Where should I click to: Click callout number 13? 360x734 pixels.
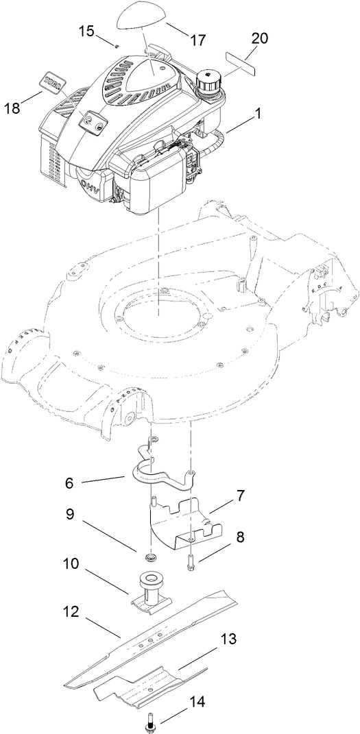click(229, 639)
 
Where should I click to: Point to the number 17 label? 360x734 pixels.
click(197, 40)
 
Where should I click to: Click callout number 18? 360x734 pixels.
click(13, 108)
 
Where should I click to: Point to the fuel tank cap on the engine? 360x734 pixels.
click(207, 81)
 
